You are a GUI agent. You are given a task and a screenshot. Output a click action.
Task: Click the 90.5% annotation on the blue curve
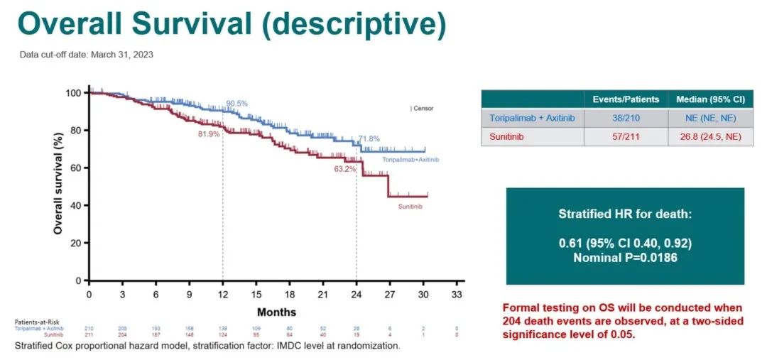click(236, 104)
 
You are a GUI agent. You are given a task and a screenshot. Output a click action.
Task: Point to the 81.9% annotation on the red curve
click(210, 134)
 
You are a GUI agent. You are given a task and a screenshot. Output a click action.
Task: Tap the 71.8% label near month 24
click(369, 138)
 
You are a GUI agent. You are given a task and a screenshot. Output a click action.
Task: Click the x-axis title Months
click(276, 312)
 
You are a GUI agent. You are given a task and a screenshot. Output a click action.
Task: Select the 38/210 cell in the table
click(626, 118)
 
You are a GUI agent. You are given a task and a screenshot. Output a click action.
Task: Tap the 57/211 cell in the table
click(626, 137)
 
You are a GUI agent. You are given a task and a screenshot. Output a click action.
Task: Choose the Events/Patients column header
click(626, 99)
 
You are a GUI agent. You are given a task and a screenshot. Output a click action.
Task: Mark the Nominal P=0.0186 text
click(625, 258)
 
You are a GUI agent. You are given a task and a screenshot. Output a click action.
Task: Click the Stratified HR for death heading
click(625, 214)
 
